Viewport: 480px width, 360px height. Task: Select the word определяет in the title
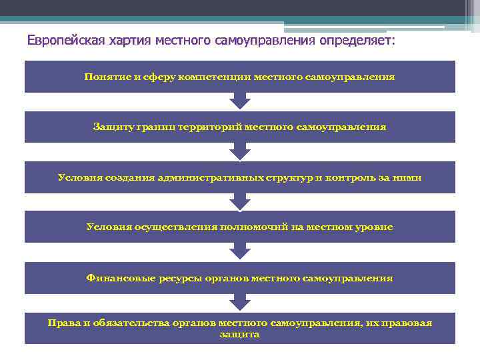(x=356, y=41)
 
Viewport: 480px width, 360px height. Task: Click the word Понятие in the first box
(x=107, y=77)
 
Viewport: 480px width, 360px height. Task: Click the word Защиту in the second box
(x=113, y=127)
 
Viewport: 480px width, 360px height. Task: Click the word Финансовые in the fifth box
(x=117, y=278)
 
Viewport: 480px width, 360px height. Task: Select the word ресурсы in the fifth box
(x=175, y=278)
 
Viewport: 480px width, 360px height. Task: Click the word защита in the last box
(x=239, y=334)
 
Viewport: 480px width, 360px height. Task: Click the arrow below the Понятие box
(x=239, y=101)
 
